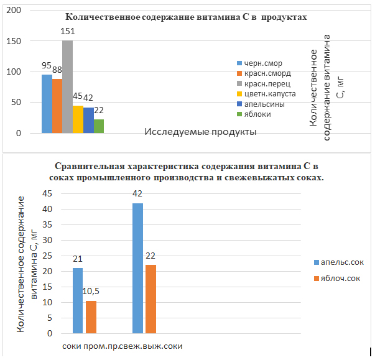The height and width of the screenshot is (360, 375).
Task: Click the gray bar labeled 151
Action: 67,87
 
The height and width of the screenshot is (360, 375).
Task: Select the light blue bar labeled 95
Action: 47,104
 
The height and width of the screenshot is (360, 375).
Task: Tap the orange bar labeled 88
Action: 57,106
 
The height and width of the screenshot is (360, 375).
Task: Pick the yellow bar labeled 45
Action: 78,119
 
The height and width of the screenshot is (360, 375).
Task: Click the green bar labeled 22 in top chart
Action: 99,126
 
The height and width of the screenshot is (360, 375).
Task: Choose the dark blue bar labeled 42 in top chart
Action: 88,121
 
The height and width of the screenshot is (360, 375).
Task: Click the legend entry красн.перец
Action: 267,83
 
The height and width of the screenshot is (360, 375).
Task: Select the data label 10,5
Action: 91,292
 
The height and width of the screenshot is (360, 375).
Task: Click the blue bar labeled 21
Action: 77,301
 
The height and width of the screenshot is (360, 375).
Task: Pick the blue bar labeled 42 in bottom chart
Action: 137,269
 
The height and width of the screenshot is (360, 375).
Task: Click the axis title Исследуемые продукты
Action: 201,132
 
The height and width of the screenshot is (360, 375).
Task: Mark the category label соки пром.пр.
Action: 86,346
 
